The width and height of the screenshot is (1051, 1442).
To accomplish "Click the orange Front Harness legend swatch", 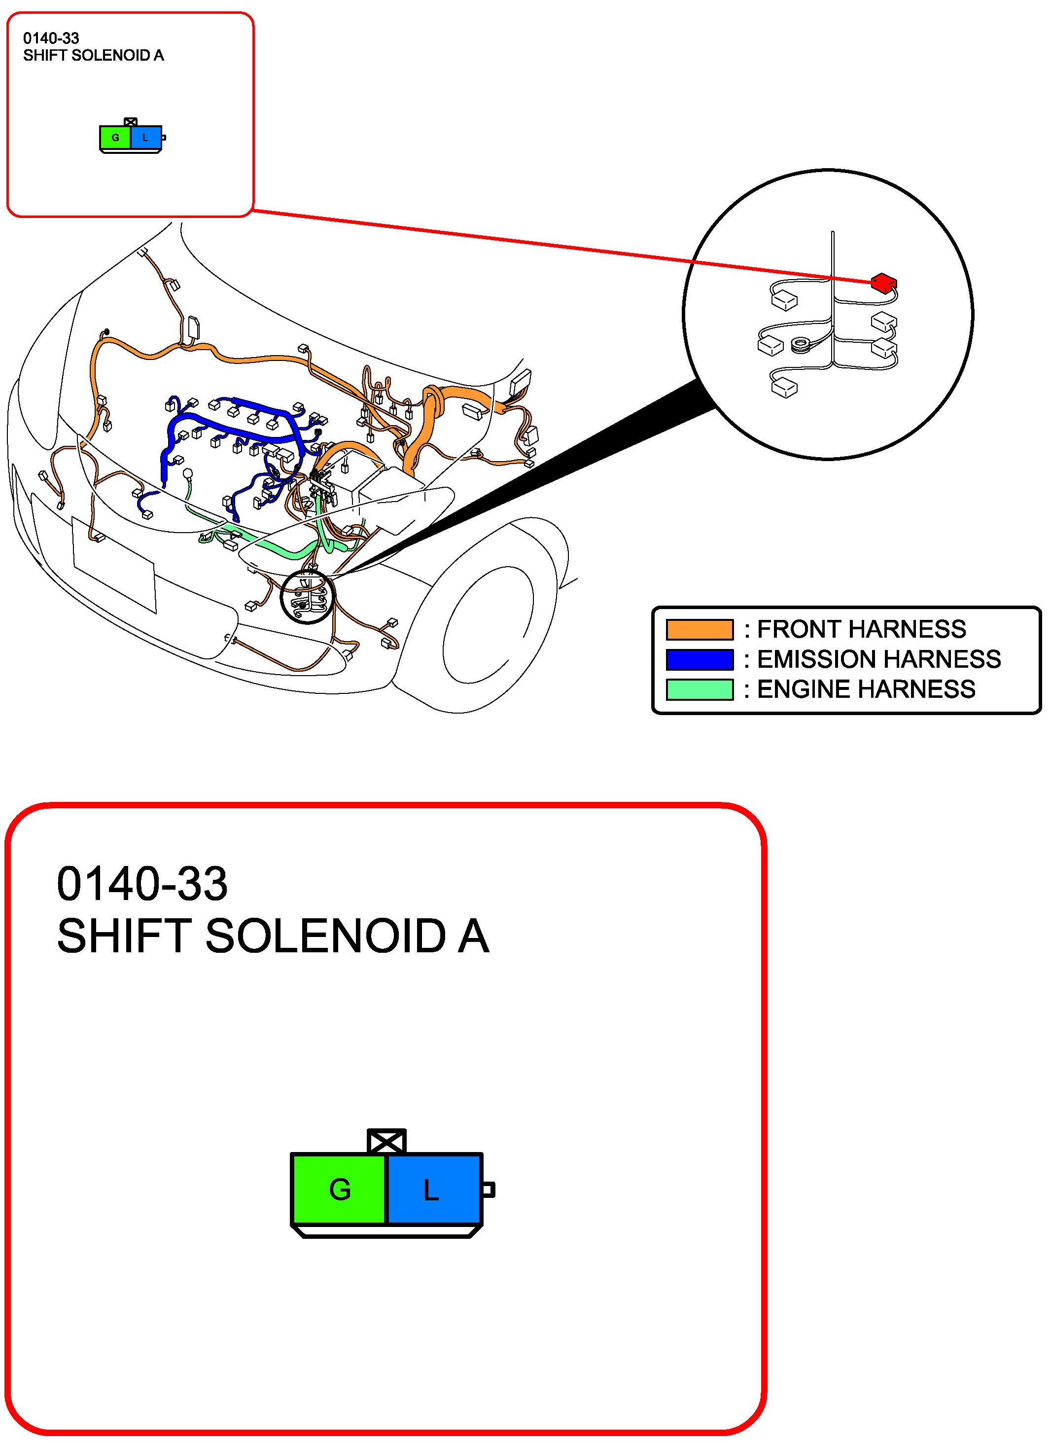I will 699,629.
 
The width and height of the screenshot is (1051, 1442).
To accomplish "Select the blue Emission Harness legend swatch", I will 699,659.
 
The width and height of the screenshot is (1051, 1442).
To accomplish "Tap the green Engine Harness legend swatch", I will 699,689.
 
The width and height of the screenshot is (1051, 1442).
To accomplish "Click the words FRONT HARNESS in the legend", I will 861,629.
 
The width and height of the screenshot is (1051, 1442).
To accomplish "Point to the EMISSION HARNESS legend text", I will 878,659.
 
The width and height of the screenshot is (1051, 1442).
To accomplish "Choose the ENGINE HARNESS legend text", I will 866,689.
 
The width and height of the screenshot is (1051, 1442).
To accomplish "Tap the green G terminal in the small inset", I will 115,138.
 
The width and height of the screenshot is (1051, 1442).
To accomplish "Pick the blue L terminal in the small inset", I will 146,138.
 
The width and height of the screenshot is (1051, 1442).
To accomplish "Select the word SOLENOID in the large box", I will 326,936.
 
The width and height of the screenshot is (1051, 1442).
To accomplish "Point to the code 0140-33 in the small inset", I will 51,38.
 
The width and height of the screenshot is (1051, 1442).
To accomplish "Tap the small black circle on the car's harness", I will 307,596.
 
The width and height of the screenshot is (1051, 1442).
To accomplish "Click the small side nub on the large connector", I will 488,1190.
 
